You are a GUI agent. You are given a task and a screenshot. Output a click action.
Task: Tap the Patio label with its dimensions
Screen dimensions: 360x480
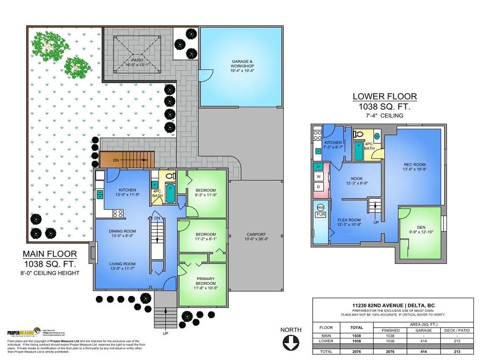click(137, 63)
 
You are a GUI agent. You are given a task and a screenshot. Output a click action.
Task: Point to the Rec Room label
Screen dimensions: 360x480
click(414, 167)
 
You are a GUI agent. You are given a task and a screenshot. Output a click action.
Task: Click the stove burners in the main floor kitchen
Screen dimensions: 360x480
click(118, 213)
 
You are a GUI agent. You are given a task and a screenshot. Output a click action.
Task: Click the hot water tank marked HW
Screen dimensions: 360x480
click(321, 207)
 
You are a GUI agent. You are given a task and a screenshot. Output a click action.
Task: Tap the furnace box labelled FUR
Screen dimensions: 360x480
click(321, 215)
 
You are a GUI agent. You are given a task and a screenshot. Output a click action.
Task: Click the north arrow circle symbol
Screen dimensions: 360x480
click(291, 343)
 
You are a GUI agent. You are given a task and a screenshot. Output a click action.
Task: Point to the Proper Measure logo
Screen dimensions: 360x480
click(23, 333)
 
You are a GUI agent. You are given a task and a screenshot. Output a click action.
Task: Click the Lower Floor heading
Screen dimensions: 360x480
click(384, 97)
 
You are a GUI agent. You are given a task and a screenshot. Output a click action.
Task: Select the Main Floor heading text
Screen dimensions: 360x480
click(50, 254)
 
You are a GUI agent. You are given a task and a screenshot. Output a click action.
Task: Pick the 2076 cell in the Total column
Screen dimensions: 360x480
click(357, 351)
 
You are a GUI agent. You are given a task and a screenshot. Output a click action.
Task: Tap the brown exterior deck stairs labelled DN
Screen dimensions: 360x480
click(127, 160)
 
